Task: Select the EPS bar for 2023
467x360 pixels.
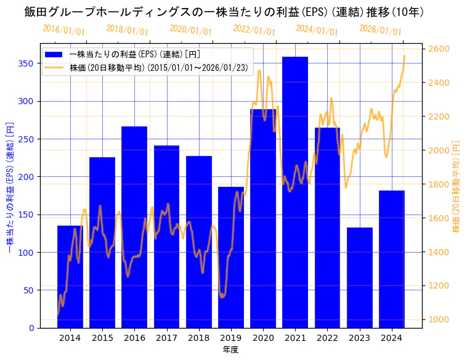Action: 360,277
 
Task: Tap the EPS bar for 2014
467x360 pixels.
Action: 70,277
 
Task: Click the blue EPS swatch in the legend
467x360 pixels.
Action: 54,54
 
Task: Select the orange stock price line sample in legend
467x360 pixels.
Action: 54,68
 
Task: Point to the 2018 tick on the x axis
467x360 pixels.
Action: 199,338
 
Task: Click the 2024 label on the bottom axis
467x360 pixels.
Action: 392,338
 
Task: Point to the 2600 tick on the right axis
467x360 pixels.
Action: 439,49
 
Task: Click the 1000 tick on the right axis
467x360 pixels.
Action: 439,319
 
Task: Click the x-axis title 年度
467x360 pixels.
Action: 231,350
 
